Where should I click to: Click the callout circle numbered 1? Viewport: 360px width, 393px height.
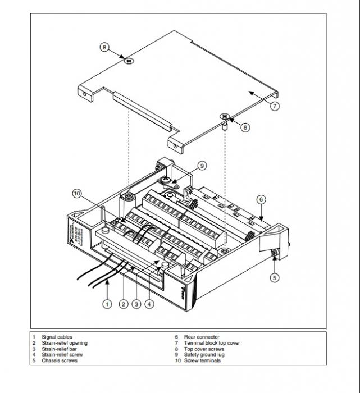pyautogui.click(x=107, y=304)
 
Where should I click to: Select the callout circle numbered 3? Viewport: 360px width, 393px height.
pyautogui.click(x=136, y=304)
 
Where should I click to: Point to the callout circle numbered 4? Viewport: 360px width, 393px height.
pyautogui.click(x=149, y=304)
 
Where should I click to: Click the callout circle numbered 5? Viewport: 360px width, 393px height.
pyautogui.click(x=274, y=277)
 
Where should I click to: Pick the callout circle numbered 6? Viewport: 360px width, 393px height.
pyautogui.click(x=261, y=199)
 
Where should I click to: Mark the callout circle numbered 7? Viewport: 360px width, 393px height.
pyautogui.click(x=274, y=106)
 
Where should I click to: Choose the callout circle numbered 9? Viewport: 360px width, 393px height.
pyautogui.click(x=202, y=166)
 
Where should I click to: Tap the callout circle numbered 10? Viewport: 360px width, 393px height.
pyautogui.click(x=77, y=194)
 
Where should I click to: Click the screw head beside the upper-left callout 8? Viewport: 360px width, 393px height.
pyautogui.click(x=129, y=60)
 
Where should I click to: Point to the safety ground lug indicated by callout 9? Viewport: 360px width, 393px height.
pyautogui.click(x=167, y=181)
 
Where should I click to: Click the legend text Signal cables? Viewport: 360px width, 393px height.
pyautogui.click(x=57, y=337)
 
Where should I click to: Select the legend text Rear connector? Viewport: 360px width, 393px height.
pyautogui.click(x=202, y=337)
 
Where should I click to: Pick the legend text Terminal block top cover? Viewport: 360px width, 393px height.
pyautogui.click(x=212, y=343)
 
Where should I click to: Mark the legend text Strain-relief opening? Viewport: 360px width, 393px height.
pyautogui.click(x=65, y=343)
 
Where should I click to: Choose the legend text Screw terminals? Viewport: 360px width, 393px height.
pyautogui.click(x=202, y=360)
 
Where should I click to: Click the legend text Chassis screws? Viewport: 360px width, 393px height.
pyautogui.click(x=60, y=360)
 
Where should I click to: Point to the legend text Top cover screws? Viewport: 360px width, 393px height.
pyautogui.click(x=204, y=349)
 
